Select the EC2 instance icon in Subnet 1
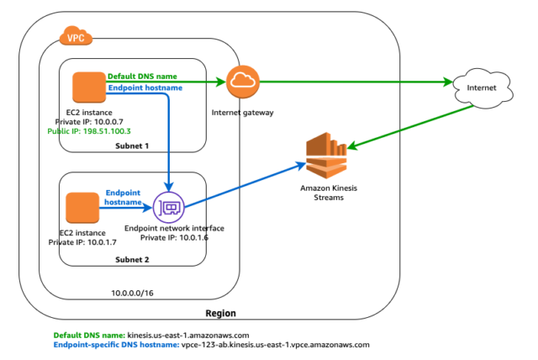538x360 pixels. click(x=86, y=86)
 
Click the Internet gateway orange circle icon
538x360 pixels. click(x=243, y=82)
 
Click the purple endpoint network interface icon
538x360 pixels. click(x=169, y=207)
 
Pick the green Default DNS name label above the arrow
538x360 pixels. click(x=142, y=77)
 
